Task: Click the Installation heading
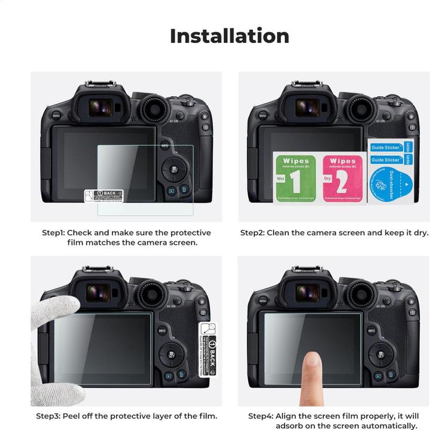(229, 36)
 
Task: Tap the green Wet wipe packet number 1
(294, 178)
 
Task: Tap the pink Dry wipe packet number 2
(343, 178)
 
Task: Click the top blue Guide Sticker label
(385, 148)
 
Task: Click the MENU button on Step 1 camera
(56, 116)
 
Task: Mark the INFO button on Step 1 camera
(164, 146)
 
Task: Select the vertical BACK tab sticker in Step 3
(207, 347)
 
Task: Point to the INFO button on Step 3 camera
(162, 331)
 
